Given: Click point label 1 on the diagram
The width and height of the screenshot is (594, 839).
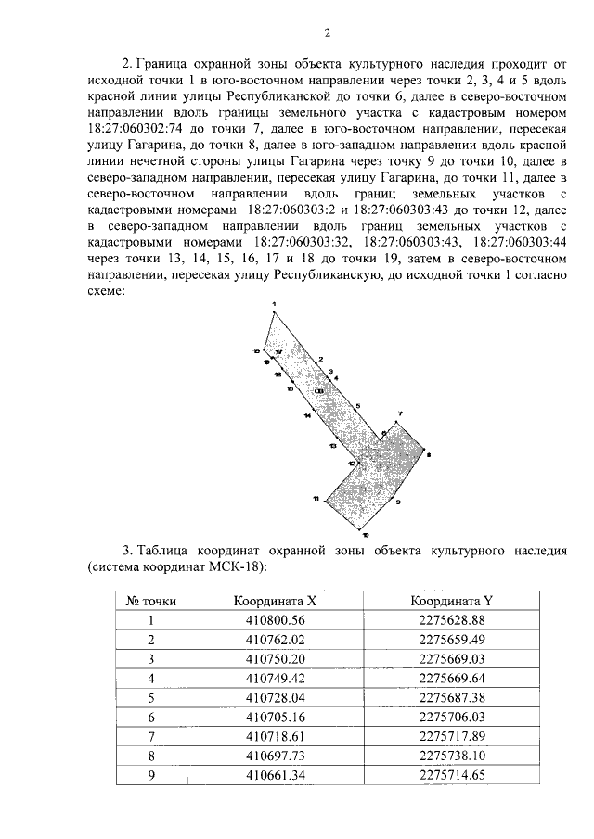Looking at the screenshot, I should (x=275, y=304).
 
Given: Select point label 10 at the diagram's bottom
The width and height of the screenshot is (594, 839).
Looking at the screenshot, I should (x=365, y=536).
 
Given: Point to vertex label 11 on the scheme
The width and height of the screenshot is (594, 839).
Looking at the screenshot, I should (x=316, y=499).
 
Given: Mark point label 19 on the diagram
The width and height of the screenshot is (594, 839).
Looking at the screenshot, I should (x=256, y=350).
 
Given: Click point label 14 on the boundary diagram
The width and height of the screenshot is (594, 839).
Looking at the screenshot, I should (x=306, y=417).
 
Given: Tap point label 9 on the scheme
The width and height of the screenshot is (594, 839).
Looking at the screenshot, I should (x=397, y=502).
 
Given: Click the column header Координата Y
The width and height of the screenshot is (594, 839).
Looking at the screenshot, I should (x=455, y=601).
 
